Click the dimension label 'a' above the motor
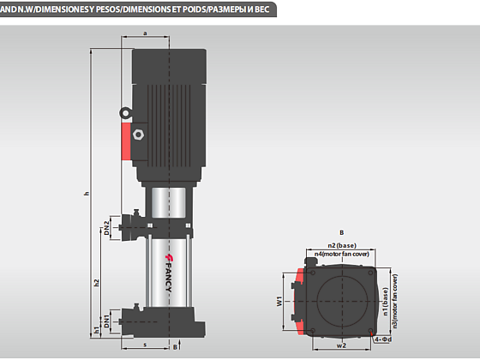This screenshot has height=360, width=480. (145, 33)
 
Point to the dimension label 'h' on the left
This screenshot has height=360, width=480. (87, 194)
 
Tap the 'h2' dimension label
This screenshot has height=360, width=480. (97, 282)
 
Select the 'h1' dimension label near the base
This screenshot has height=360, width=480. (97, 330)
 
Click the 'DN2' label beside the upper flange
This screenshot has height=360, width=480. (106, 228)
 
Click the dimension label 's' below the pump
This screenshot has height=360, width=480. (145, 345)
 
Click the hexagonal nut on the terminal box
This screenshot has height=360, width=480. (138, 135)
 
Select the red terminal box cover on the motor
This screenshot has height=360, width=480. (126, 141)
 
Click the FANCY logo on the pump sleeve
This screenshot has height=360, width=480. (169, 273)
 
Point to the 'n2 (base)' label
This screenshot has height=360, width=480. (342, 245)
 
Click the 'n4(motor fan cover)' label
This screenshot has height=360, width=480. (342, 254)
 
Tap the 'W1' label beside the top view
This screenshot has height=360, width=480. (279, 301)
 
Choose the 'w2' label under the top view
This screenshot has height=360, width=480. (341, 345)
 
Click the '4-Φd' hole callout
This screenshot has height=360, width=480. (383, 339)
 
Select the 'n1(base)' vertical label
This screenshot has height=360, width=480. (386, 301)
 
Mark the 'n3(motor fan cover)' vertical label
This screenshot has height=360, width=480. (395, 301)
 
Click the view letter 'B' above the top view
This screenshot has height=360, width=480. (342, 232)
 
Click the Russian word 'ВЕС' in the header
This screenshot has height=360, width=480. (261, 9)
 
